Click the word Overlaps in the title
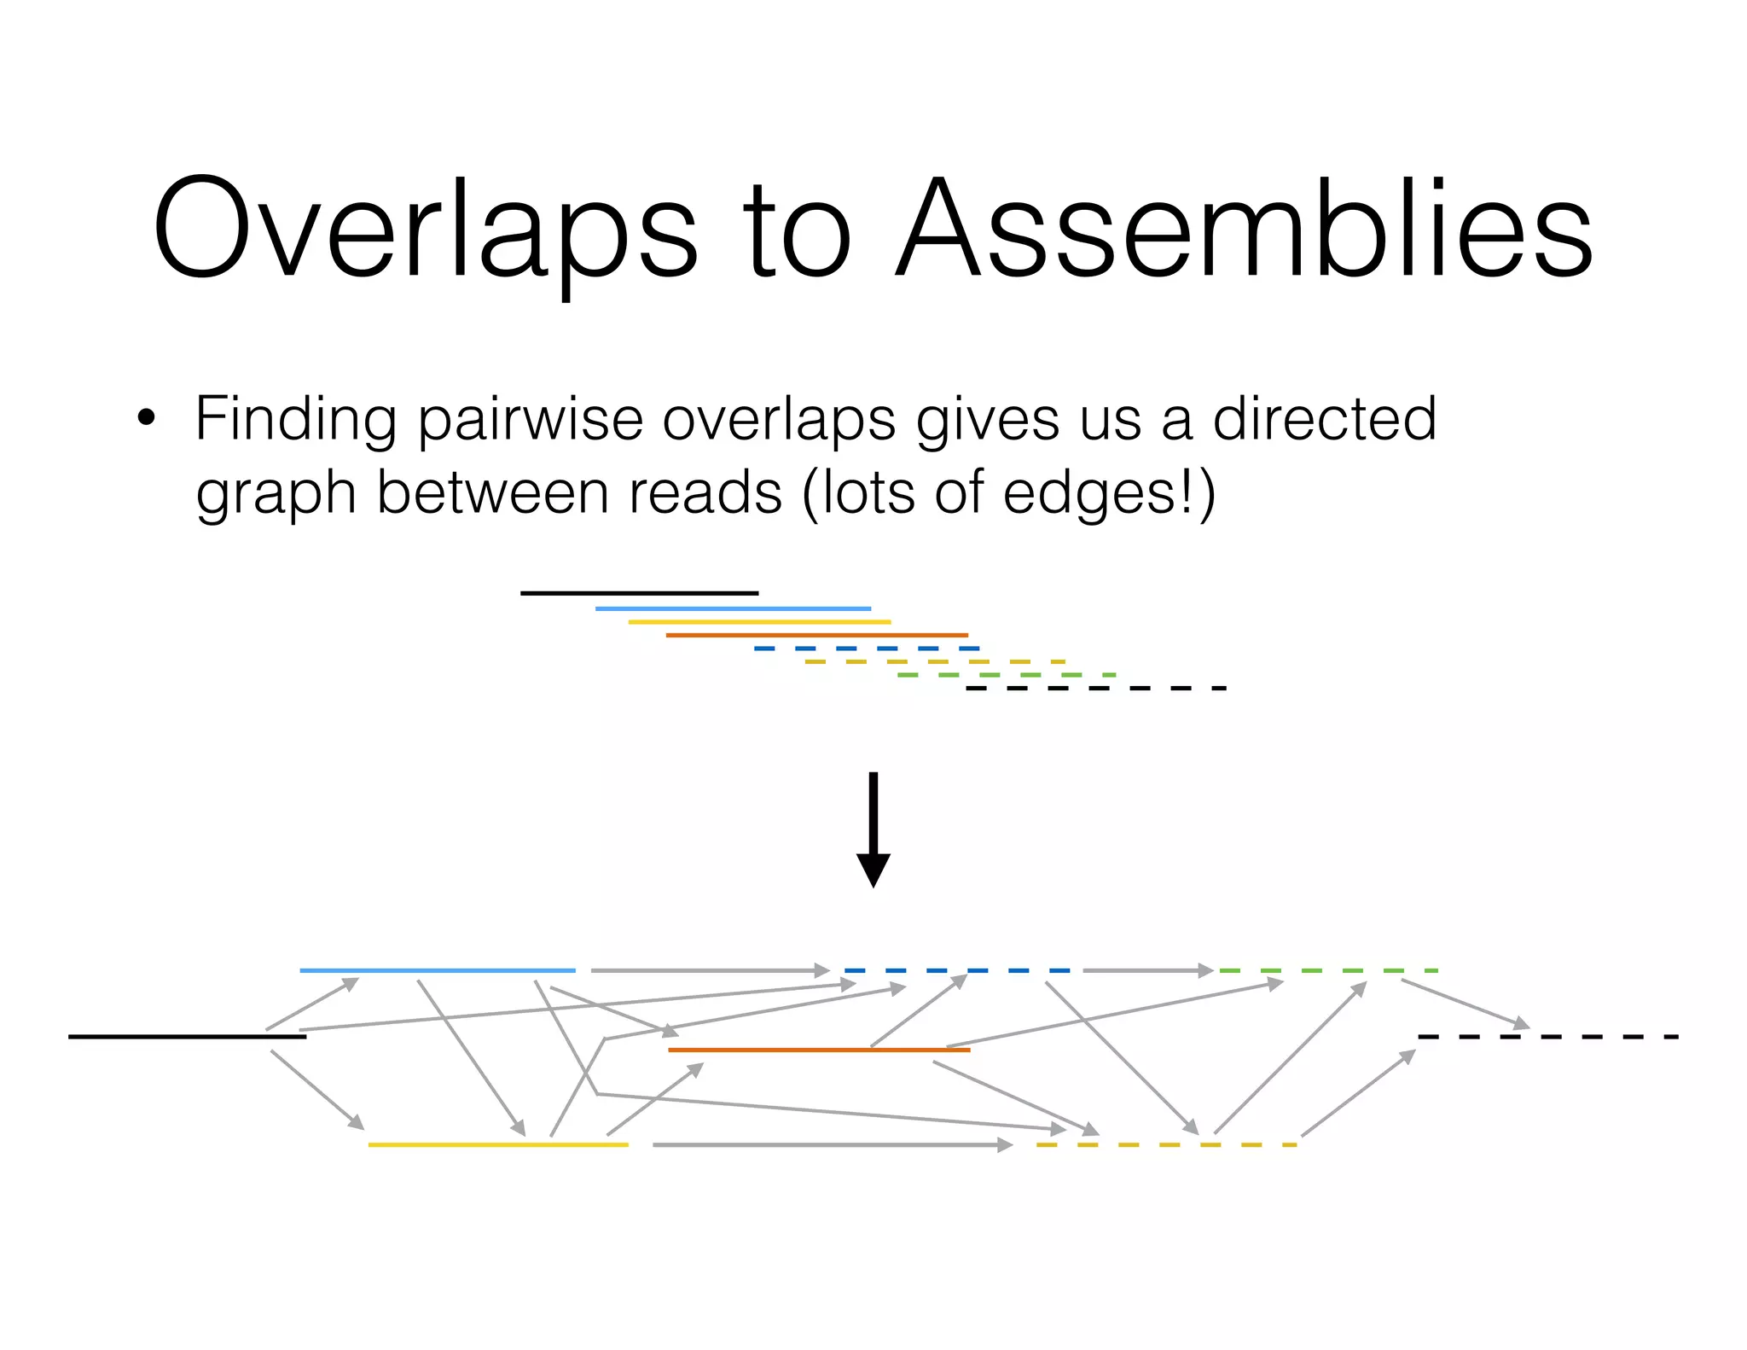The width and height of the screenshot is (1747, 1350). point(424,229)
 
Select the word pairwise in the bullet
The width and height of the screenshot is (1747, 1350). point(529,420)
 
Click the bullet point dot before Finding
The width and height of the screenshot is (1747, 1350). point(146,418)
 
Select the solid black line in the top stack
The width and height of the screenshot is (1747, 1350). point(639,593)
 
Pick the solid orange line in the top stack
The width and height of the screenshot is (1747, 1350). point(816,635)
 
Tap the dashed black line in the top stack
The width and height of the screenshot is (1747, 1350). point(1096,688)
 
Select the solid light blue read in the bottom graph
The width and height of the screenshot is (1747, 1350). point(437,970)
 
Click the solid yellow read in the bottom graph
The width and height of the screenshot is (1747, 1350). point(498,1144)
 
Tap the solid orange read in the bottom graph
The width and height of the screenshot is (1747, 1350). point(819,1050)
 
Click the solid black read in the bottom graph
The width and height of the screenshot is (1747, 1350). point(187,1037)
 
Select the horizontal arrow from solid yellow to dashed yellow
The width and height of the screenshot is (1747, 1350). point(832,1144)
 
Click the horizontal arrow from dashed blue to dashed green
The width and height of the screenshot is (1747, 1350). point(1147,970)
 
